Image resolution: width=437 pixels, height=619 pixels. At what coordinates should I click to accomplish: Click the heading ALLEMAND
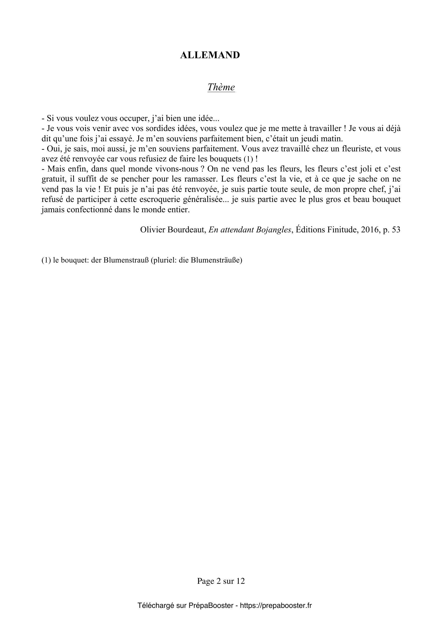(210, 55)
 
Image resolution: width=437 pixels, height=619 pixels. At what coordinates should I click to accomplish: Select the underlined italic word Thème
(221, 87)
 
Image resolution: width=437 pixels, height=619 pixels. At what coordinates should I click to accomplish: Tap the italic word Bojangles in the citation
(275, 230)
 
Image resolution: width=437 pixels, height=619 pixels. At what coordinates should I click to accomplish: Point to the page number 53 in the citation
(396, 230)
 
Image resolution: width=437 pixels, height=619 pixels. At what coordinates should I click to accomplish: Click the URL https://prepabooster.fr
(276, 606)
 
